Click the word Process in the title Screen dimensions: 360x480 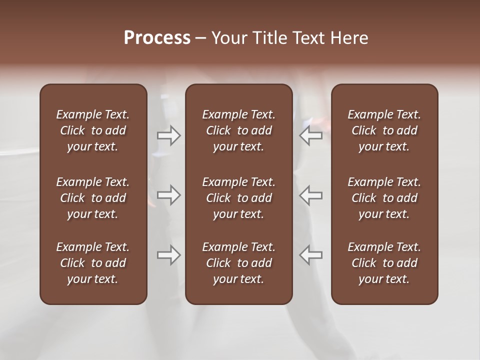[x=157, y=38]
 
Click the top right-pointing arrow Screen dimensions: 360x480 [x=168, y=135]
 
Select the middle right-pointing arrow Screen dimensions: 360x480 [x=168, y=195]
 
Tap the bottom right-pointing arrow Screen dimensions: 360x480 [x=168, y=255]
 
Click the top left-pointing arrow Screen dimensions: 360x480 [x=311, y=135]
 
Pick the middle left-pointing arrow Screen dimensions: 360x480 [x=311, y=195]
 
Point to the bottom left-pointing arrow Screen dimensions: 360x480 [x=311, y=255]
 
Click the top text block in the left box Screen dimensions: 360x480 [x=93, y=130]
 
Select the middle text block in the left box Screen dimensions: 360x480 [x=93, y=198]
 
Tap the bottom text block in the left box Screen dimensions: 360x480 [x=93, y=263]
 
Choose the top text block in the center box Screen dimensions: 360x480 [x=238, y=130]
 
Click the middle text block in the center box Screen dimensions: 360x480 [x=238, y=198]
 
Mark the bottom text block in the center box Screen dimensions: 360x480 [x=238, y=263]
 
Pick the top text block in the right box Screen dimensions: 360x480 [x=384, y=130]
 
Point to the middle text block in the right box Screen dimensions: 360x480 [x=384, y=198]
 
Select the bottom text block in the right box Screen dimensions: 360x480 [x=384, y=263]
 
